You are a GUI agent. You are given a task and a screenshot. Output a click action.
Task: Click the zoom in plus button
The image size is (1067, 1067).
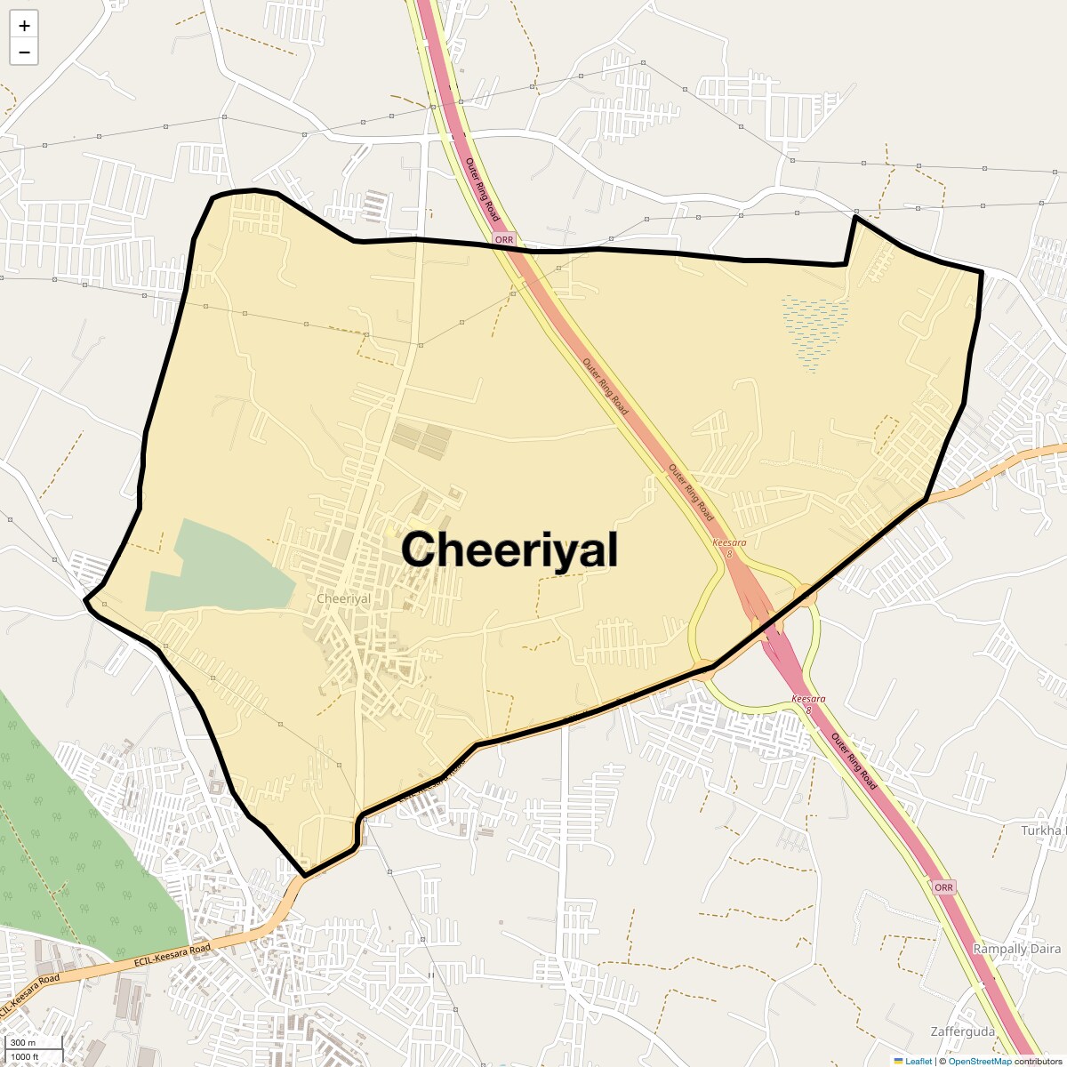pos(24,26)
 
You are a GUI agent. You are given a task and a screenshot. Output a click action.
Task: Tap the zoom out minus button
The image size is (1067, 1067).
pos(24,52)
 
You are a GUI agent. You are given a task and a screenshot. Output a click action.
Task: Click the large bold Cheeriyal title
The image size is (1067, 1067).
pos(509,550)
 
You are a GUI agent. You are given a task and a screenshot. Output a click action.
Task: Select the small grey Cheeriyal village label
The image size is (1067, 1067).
pos(343,599)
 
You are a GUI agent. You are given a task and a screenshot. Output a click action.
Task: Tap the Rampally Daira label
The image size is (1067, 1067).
pos(1016,949)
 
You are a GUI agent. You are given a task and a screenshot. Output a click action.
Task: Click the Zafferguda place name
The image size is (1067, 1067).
pos(962,1032)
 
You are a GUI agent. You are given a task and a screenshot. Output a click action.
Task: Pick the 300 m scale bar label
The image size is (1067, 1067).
pos(23,1043)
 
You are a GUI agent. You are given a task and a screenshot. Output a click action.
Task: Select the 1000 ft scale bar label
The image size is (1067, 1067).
pos(25,1056)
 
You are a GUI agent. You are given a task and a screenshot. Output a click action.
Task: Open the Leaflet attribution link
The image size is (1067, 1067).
pos(918,1062)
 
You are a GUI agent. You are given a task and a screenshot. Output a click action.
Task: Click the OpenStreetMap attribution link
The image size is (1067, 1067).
pos(979,1062)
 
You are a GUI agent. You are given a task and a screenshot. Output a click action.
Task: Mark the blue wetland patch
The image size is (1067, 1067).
pos(814,330)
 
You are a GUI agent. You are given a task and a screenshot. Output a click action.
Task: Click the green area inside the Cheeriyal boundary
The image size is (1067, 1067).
pos(222,569)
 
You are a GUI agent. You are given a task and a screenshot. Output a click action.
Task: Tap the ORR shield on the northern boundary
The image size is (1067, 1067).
pos(504,239)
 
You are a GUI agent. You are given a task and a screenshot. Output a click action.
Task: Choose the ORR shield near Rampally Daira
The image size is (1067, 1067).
pos(943,887)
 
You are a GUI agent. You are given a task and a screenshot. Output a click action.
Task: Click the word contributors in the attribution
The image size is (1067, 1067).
pos(1038,1062)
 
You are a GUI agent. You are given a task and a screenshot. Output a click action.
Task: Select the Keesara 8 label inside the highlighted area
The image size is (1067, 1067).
pos(729,548)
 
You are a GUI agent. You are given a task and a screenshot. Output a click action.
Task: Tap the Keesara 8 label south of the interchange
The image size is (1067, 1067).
pos(808,704)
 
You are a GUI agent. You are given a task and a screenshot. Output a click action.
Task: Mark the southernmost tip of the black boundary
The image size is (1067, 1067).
pos(305,876)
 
